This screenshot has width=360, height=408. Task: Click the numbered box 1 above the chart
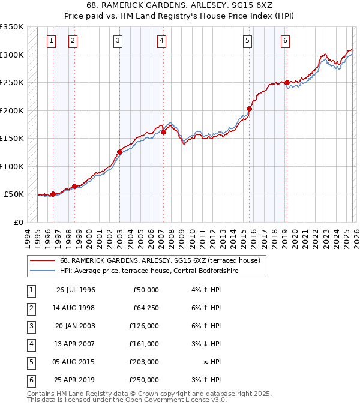tap(51, 41)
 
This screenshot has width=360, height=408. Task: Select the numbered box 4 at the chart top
tap(162, 41)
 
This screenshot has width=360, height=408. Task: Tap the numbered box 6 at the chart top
tap(285, 41)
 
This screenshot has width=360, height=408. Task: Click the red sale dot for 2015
tap(249, 109)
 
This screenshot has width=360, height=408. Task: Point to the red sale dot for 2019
tap(287, 82)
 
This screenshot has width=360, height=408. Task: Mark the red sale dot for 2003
tap(119, 152)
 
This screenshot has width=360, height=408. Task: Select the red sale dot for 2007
tap(163, 132)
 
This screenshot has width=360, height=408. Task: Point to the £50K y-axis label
tap(14, 194)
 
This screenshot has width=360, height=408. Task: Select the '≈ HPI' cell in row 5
tap(212, 362)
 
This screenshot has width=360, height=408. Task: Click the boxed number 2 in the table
tap(30, 308)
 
